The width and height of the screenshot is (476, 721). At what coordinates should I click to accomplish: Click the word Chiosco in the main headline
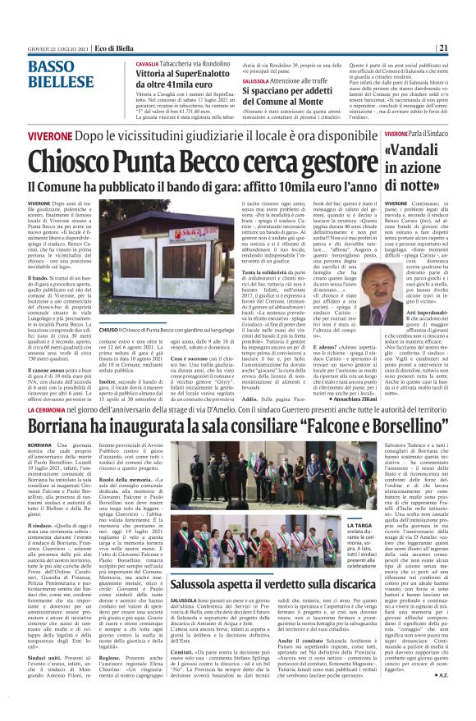pyautogui.click(x=79, y=166)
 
